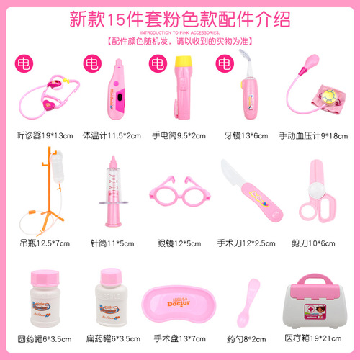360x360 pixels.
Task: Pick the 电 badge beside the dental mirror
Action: tap(222, 63)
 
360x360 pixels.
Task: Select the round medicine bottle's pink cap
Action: tap(42, 277)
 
